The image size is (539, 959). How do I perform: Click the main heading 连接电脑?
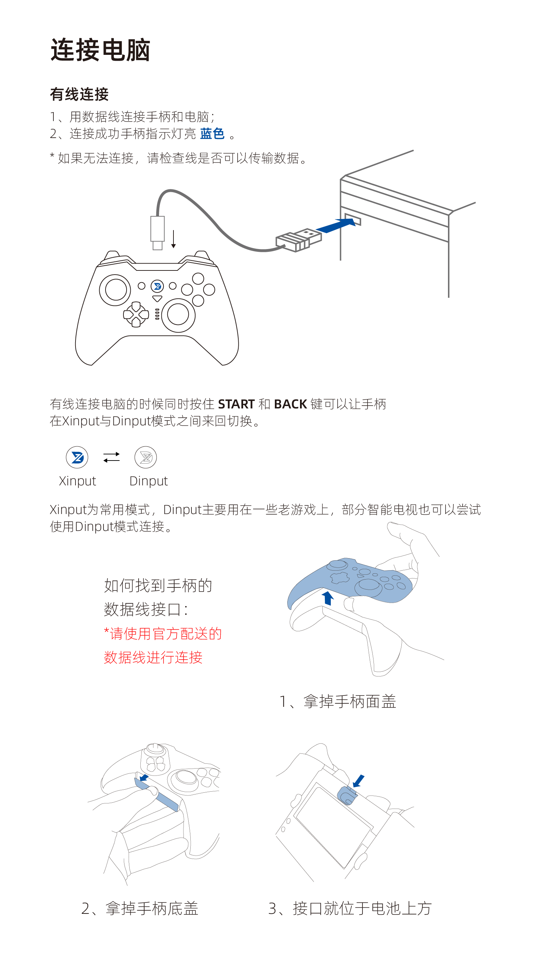click(100, 50)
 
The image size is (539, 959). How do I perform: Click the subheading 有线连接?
click(79, 94)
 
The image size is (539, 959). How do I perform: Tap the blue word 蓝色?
click(212, 134)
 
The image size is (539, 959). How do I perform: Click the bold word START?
click(236, 404)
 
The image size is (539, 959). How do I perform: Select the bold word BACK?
click(290, 404)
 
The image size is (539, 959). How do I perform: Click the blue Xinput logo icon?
click(77, 457)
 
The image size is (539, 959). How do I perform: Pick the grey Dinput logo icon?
click(146, 457)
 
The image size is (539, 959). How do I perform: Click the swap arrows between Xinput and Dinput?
click(111, 457)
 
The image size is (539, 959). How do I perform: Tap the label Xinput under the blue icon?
click(78, 481)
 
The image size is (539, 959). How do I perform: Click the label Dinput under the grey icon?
click(149, 481)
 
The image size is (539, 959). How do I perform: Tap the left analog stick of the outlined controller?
click(115, 290)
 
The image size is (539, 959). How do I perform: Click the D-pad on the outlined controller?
click(136, 315)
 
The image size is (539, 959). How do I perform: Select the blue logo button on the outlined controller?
click(157, 286)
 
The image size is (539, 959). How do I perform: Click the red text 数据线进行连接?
click(153, 658)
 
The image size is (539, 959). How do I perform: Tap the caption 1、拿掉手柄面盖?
click(338, 701)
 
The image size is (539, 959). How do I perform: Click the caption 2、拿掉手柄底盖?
click(140, 908)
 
